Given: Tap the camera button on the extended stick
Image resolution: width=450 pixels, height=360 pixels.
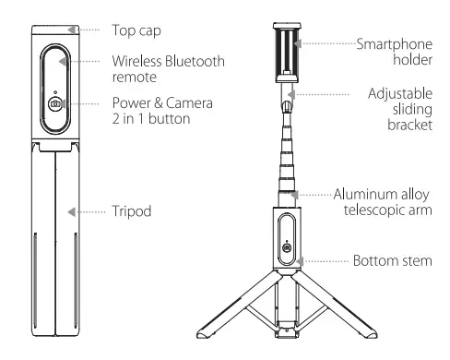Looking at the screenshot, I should (x=286, y=248).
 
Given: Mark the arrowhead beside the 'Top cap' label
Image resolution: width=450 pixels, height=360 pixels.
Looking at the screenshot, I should (x=83, y=28).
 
